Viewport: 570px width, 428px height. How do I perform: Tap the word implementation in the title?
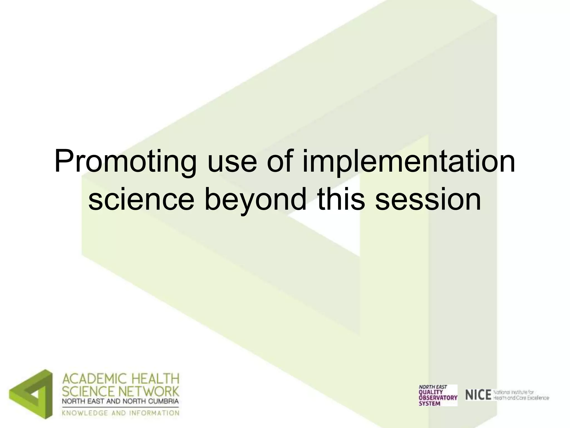[x=409, y=162]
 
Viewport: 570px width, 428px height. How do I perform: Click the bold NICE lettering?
[x=478, y=395]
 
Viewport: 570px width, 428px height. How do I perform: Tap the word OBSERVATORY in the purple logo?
[x=438, y=397]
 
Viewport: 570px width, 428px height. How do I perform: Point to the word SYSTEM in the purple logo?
[x=429, y=403]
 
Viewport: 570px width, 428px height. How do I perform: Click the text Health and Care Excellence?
[x=521, y=398]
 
